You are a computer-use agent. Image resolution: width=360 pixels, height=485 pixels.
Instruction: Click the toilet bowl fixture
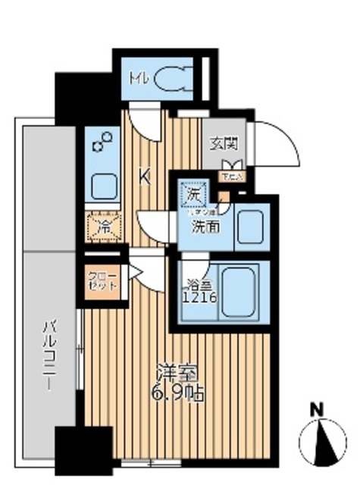click(x=172, y=80)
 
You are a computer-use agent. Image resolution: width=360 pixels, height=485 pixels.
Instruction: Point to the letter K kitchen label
click(x=144, y=178)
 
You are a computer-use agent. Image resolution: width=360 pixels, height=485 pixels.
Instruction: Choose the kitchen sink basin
click(x=102, y=185)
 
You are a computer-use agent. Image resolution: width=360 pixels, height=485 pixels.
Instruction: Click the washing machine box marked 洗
click(x=193, y=194)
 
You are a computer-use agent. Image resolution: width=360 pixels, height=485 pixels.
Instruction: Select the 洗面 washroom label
click(x=201, y=226)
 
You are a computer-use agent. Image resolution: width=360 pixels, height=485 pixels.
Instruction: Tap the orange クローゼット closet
click(x=100, y=281)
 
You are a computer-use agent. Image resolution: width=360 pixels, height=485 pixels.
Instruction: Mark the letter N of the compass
click(x=321, y=410)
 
